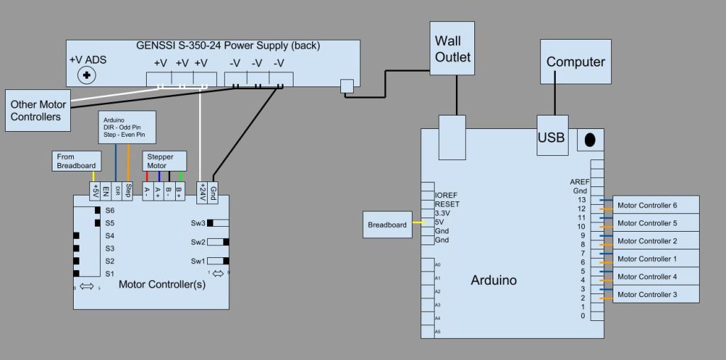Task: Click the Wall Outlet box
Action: point(453,47)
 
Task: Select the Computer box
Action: point(575,62)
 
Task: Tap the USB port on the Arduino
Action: point(551,137)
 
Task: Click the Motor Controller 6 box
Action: point(656,206)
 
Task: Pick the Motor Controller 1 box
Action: point(656,259)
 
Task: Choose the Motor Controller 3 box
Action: point(656,294)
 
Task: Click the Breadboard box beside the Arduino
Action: point(387,225)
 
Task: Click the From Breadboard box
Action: point(76,161)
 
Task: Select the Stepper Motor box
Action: point(165,161)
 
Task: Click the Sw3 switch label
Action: point(198,223)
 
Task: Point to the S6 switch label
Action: point(110,210)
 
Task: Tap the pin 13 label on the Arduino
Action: point(581,200)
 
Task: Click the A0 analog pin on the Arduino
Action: point(437,264)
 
